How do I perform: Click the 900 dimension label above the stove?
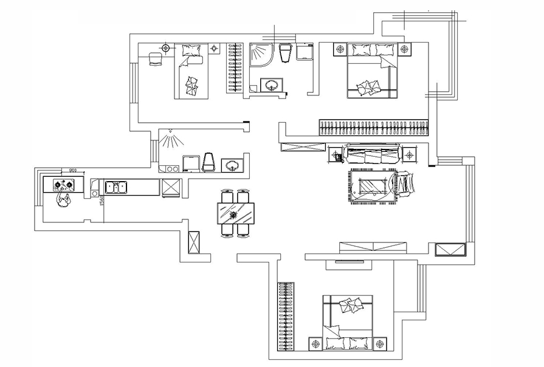72,171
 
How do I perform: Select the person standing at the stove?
63,199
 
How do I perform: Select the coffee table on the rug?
372,186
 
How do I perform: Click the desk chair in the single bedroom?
156,58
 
